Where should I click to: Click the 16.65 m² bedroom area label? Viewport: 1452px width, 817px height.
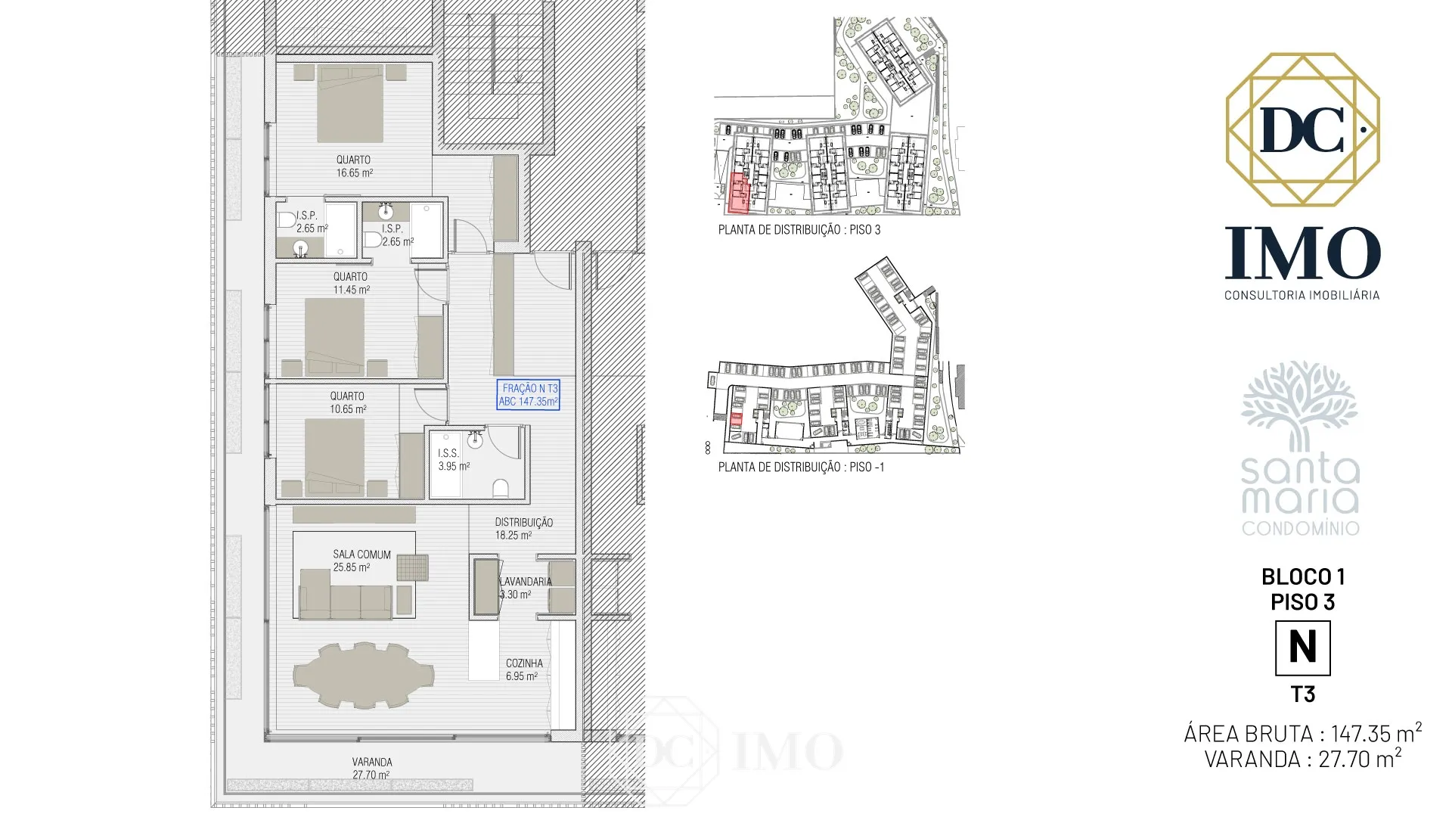[x=354, y=166]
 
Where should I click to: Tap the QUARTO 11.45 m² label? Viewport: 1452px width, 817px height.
[x=351, y=283]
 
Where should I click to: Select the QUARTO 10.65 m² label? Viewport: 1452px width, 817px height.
[x=348, y=402]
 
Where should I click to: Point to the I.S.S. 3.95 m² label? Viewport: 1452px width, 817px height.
[x=454, y=459]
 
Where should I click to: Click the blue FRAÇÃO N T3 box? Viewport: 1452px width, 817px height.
[x=528, y=394]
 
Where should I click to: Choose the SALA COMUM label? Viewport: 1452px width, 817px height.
[x=361, y=555]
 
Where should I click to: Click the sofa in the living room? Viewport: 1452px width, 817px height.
[x=346, y=595]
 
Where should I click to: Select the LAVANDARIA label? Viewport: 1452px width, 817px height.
[x=526, y=581]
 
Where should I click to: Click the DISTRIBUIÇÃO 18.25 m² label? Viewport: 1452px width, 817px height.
[x=523, y=528]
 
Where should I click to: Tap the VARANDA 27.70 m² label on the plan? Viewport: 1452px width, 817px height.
[x=371, y=768]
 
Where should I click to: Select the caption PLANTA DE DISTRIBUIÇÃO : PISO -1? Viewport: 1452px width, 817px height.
[x=801, y=467]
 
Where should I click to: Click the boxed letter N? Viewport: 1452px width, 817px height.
[x=1302, y=648]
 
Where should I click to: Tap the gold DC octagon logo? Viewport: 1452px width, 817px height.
[x=1302, y=129]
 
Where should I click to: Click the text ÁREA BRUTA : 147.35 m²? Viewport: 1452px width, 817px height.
[x=1302, y=732]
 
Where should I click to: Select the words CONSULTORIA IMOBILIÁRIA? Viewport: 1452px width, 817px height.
[x=1302, y=294]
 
